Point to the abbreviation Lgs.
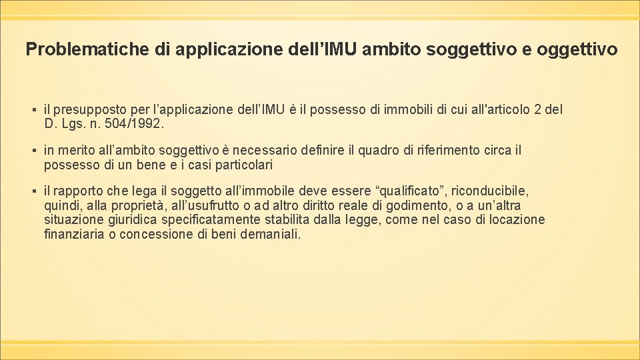click(x=73, y=123)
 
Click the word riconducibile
click(x=491, y=191)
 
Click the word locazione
click(x=515, y=220)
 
